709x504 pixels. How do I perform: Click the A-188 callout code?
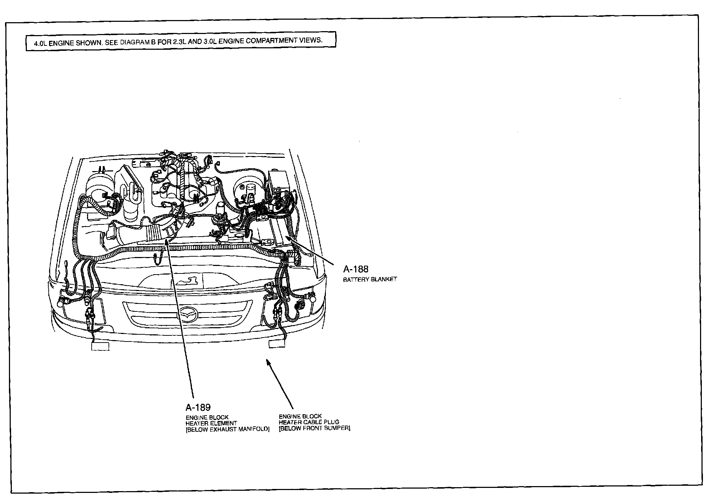point(356,269)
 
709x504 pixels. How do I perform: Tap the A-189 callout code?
point(198,407)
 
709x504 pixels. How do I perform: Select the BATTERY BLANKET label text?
point(370,279)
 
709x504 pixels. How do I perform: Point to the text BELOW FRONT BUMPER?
point(314,428)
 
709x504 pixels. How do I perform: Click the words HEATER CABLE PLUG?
point(309,422)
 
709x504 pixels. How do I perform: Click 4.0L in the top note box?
point(40,43)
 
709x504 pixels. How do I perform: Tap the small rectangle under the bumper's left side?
point(100,346)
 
